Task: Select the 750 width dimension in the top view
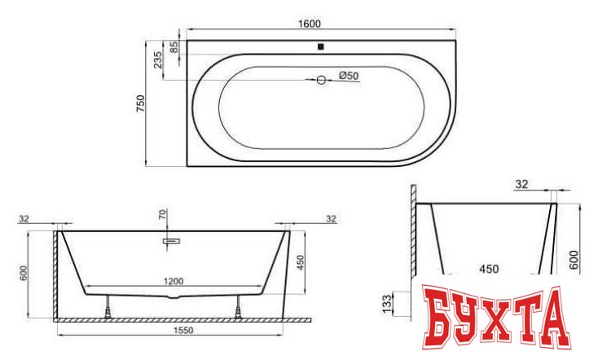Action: point(140,103)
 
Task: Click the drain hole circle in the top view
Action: point(321,80)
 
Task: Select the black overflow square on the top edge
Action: point(321,46)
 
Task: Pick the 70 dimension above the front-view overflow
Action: point(163,217)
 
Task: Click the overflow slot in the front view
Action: point(172,240)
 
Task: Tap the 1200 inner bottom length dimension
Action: point(173,281)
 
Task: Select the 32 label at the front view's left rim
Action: point(24,218)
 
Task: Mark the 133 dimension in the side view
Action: point(388,302)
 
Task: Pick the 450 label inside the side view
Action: point(488,268)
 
